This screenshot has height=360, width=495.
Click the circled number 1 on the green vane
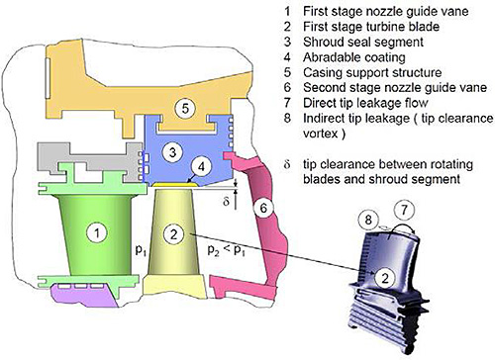pyautogui.click(x=97, y=233)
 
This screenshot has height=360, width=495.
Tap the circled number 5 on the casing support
pyautogui.click(x=185, y=108)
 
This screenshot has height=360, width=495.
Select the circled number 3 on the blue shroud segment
pyautogui.click(x=172, y=152)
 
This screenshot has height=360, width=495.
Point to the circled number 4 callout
pyautogui.click(x=201, y=166)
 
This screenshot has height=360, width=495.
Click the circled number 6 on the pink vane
pyautogui.click(x=263, y=208)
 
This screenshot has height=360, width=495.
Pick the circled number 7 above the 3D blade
pyautogui.click(x=404, y=210)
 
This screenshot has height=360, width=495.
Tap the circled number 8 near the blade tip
pyautogui.click(x=368, y=220)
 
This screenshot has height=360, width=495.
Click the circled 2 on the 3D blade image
pyautogui.click(x=385, y=278)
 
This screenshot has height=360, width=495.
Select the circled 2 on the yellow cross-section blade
pyautogui.click(x=173, y=233)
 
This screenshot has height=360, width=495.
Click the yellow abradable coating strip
pyautogui.click(x=175, y=185)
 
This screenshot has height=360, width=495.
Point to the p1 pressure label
pyautogui.click(x=141, y=250)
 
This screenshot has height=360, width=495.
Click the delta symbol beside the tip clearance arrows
pyautogui.click(x=226, y=202)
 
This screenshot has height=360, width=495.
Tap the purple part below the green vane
pyautogui.click(x=84, y=295)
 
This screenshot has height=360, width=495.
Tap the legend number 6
pyautogui.click(x=287, y=87)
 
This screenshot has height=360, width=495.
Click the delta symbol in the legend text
pyautogui.click(x=287, y=164)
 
